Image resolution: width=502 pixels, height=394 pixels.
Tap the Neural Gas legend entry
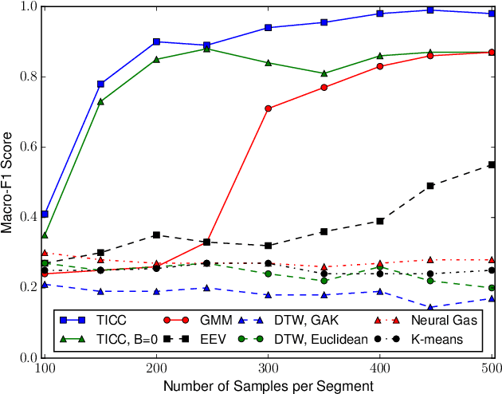444,320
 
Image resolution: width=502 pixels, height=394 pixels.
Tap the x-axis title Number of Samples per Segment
269,385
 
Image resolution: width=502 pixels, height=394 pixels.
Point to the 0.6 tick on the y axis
29,147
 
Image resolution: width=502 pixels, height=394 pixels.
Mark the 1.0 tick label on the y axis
29,6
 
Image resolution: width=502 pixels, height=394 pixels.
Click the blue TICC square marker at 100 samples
45,214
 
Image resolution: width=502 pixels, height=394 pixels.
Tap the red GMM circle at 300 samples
269,108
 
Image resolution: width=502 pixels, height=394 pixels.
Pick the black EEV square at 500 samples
492,164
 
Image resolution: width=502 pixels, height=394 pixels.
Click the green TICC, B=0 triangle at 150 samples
100,101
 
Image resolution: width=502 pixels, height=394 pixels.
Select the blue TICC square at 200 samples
156,41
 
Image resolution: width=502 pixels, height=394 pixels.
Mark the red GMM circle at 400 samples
380,66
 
